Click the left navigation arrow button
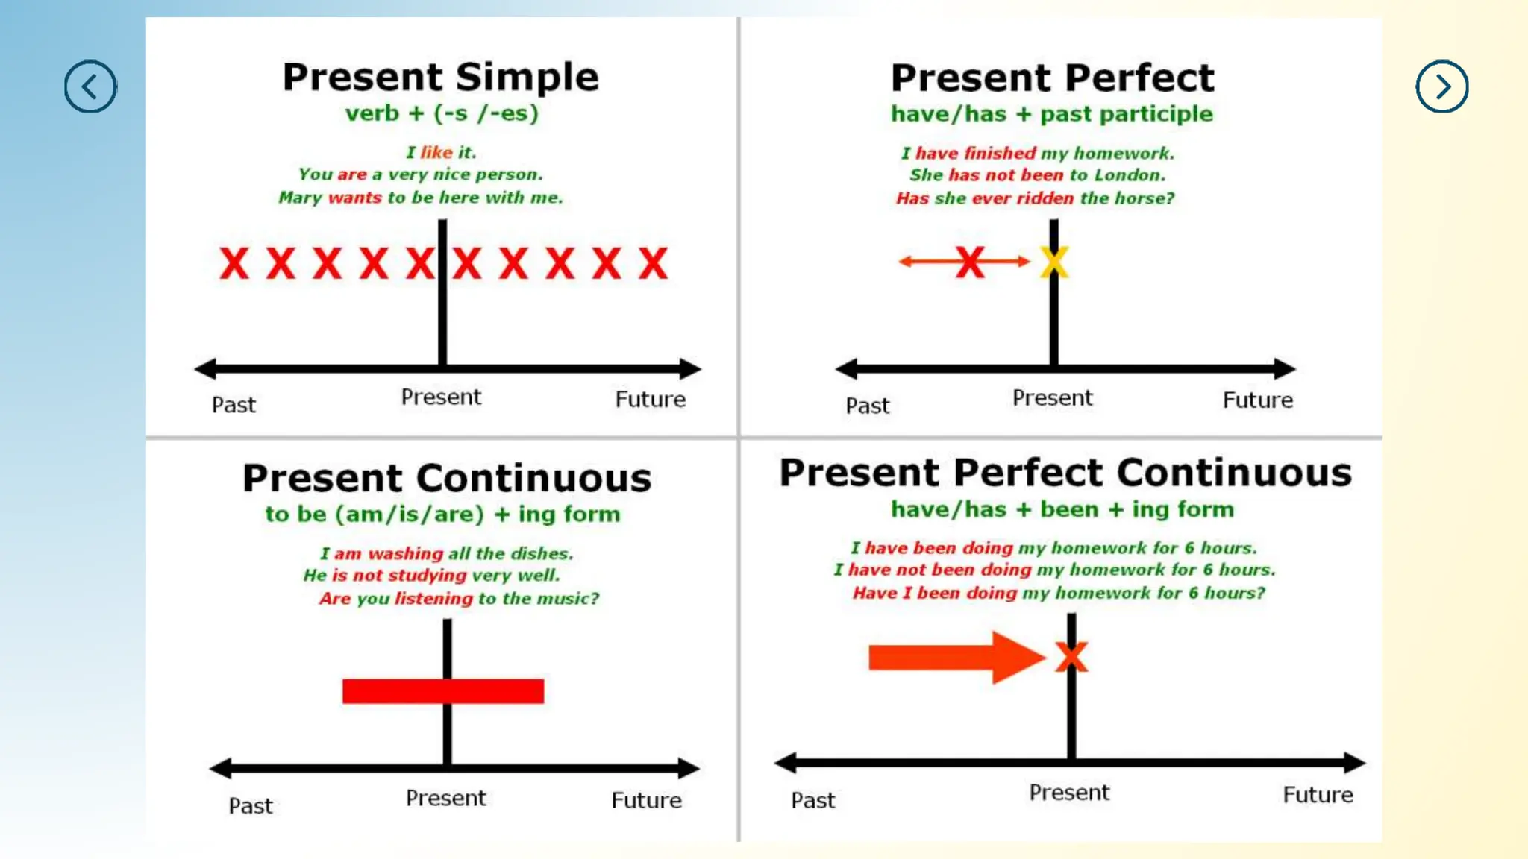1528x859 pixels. click(x=90, y=86)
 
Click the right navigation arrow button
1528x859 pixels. click(x=1441, y=86)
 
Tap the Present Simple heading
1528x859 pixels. click(x=440, y=77)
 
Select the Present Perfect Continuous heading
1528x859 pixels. click(x=1065, y=473)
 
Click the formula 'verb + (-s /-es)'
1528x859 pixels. click(x=441, y=113)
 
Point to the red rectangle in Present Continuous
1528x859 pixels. click(x=442, y=691)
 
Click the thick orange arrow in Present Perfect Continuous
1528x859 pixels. click(x=955, y=657)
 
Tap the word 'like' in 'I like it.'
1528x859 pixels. click(x=436, y=152)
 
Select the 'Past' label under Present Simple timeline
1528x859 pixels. click(x=234, y=405)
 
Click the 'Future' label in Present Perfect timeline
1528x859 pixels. click(x=1257, y=400)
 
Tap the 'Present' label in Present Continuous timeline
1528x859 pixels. click(x=445, y=799)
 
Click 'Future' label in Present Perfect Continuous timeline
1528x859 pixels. click(x=1318, y=795)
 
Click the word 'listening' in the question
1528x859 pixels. click(x=433, y=599)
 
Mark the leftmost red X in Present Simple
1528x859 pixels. click(x=234, y=263)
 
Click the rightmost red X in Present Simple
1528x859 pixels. click(x=653, y=263)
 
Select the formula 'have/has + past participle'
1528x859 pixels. click(x=1052, y=114)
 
